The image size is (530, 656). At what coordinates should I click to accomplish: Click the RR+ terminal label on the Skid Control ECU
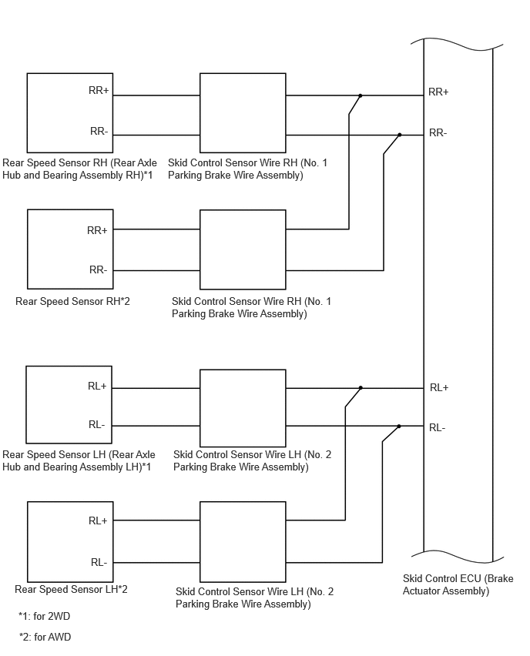click(x=438, y=92)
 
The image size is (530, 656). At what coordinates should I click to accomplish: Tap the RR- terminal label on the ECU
click(x=438, y=133)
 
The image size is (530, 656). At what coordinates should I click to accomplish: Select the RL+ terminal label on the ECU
click(x=439, y=388)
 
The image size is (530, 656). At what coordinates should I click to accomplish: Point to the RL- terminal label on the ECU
click(x=438, y=427)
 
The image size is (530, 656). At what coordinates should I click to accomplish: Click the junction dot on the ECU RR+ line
click(x=360, y=95)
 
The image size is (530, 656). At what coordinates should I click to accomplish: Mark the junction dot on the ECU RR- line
click(x=399, y=136)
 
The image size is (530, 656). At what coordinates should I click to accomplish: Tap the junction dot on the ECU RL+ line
click(x=361, y=388)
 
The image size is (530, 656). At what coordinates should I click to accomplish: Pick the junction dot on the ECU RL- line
click(x=398, y=427)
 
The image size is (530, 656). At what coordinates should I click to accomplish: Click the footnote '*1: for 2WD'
click(x=45, y=616)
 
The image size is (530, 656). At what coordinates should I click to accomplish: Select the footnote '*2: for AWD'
click(x=45, y=638)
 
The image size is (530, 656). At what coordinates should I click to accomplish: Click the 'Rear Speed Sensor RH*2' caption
click(x=72, y=301)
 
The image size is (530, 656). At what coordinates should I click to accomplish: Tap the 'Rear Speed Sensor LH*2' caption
click(x=71, y=590)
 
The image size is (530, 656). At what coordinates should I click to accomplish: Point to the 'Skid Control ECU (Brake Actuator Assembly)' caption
click(x=458, y=585)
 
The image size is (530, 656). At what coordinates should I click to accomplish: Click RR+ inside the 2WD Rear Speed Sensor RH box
click(x=99, y=90)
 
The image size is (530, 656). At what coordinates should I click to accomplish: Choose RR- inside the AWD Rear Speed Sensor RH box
click(x=99, y=269)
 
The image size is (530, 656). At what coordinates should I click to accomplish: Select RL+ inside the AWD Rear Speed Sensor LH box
click(x=98, y=520)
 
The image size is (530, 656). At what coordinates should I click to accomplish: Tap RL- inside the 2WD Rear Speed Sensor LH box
click(x=97, y=425)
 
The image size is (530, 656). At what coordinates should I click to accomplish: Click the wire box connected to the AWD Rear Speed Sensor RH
click(x=243, y=249)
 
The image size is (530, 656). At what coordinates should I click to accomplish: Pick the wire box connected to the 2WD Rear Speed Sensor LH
click(x=243, y=408)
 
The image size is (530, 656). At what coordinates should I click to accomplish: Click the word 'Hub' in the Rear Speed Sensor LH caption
click(x=12, y=467)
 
